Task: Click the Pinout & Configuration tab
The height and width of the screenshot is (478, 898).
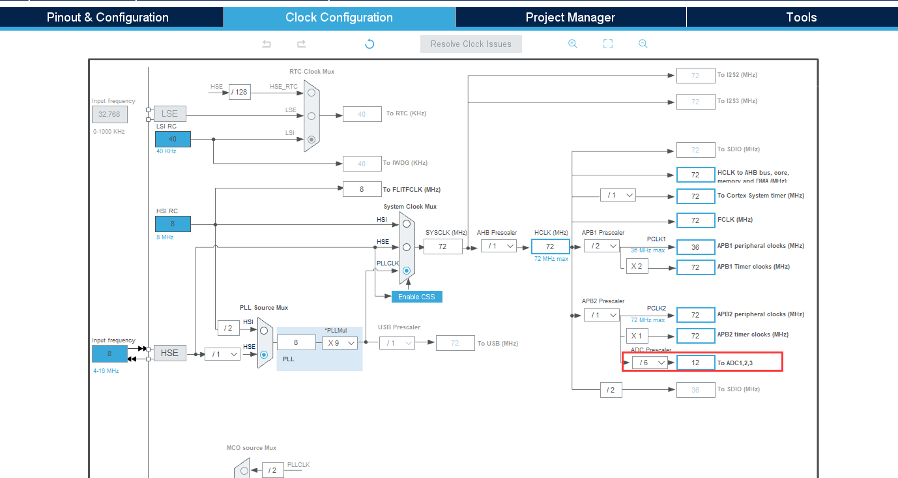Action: click(x=108, y=18)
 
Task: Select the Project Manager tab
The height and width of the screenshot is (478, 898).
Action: click(x=570, y=18)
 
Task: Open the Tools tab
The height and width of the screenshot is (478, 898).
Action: click(x=801, y=18)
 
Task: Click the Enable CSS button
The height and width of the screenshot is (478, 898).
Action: click(x=417, y=297)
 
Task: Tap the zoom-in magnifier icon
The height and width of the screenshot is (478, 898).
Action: click(x=573, y=44)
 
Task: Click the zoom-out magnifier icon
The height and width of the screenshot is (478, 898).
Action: click(x=643, y=44)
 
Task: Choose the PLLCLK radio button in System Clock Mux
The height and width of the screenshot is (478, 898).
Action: click(x=407, y=270)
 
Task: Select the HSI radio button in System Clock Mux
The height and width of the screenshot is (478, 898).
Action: click(x=407, y=223)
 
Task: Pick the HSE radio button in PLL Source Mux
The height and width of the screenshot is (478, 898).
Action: click(x=264, y=355)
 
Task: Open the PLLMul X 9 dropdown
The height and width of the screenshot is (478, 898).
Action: click(x=340, y=342)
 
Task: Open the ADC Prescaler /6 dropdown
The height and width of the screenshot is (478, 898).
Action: click(x=650, y=362)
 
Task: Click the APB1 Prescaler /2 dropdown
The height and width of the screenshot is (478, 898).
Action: click(x=601, y=246)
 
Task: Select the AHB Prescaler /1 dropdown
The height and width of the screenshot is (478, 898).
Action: click(x=499, y=246)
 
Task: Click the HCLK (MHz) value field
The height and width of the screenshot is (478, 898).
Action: click(x=550, y=246)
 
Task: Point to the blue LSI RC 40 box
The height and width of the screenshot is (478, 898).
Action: click(x=173, y=139)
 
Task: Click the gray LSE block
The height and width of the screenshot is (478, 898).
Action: click(x=169, y=113)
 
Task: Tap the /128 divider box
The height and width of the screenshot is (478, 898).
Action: click(x=240, y=92)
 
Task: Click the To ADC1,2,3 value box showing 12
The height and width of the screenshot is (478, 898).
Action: click(x=695, y=362)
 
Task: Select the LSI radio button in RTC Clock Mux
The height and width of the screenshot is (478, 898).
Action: click(x=311, y=139)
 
